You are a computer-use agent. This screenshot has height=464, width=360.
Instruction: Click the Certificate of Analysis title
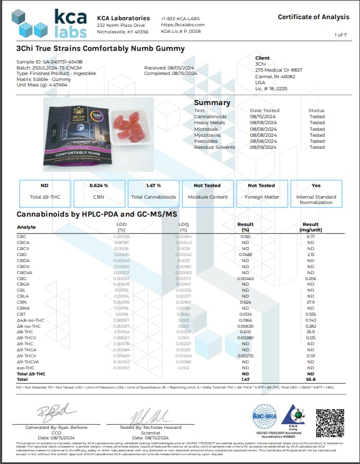(x=313, y=17)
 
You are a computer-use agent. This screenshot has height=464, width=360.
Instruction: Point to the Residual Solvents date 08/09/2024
(x=264, y=147)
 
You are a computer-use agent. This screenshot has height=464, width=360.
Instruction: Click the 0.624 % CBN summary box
(x=98, y=193)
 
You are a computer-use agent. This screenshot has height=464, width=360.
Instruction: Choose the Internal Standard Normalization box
(x=316, y=194)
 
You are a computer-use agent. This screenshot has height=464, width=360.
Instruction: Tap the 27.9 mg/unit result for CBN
(x=310, y=301)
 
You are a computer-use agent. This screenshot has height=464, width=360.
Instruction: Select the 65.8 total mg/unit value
(x=310, y=378)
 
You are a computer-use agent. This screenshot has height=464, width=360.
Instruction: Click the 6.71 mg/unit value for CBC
(x=310, y=236)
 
